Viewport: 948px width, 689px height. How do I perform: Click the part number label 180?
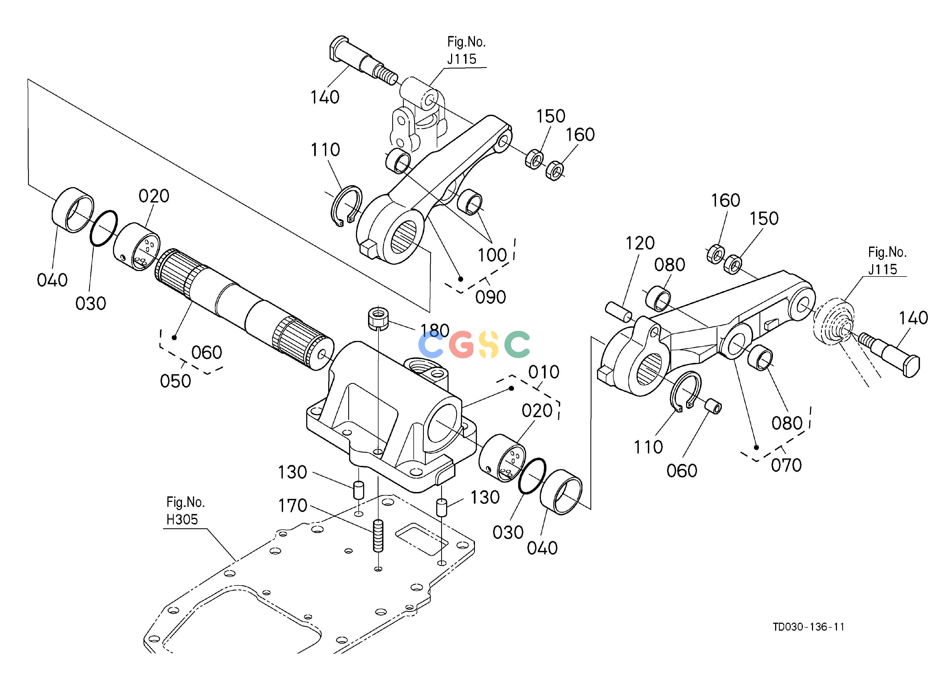pos(435,330)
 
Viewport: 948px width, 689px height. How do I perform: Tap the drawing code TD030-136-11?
pos(808,639)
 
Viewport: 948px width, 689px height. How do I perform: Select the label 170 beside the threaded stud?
pos(293,506)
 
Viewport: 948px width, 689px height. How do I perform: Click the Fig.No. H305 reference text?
pos(186,510)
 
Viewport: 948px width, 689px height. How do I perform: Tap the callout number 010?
pos(543,372)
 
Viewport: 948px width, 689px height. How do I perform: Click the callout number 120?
pos(640,243)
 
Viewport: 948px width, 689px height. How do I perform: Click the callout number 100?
pos(492,255)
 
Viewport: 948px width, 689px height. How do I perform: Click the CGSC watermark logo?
pos(474,344)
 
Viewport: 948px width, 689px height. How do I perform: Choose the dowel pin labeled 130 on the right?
pos(442,507)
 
